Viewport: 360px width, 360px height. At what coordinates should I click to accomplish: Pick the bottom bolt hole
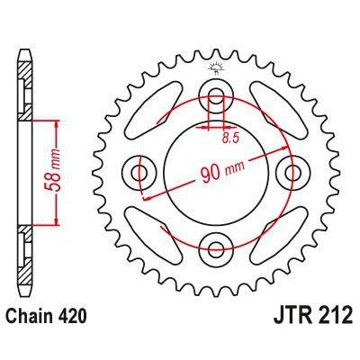coord(217,245)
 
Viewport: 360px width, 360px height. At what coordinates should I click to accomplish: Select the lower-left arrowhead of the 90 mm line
coord(147,195)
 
